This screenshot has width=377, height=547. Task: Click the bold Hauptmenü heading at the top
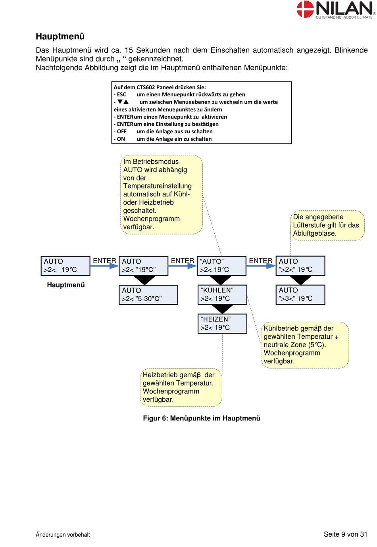click(60, 36)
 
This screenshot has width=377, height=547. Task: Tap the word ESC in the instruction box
click(121, 94)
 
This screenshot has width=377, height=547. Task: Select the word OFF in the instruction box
click(122, 131)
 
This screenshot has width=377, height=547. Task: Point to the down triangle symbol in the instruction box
click(120, 102)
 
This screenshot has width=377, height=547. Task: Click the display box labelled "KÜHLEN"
click(222, 294)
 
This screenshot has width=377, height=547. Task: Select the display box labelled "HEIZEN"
click(222, 324)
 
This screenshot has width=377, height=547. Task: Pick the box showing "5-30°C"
click(148, 295)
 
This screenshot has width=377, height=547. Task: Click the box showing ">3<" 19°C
click(300, 294)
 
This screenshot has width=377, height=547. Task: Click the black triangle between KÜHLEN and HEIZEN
click(222, 309)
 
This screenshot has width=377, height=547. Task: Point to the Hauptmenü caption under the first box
click(66, 285)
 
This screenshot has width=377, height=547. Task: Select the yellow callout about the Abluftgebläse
click(327, 225)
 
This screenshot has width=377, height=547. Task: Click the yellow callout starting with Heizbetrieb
click(181, 387)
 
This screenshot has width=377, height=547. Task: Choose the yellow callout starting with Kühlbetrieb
click(305, 345)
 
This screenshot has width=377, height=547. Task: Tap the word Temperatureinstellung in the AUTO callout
click(158, 186)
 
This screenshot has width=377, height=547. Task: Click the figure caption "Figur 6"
click(202, 418)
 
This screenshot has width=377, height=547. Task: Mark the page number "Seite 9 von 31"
click(346, 534)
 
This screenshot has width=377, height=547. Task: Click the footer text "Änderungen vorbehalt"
click(63, 535)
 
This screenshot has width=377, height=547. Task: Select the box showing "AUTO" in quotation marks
click(221, 266)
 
